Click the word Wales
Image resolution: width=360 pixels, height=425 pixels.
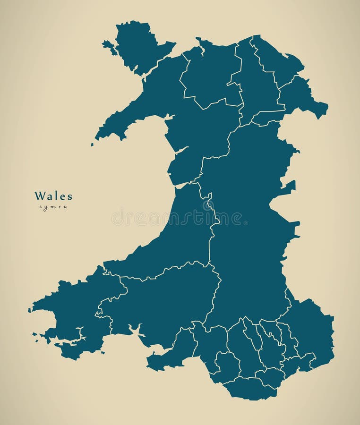click(x=53, y=195)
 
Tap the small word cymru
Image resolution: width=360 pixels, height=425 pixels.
click(x=53, y=207)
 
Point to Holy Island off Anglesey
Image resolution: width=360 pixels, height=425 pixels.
click(x=109, y=46)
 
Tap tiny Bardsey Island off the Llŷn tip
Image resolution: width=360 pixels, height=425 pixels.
click(x=92, y=144)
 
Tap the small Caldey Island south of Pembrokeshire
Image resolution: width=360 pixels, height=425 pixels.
click(x=103, y=352)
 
